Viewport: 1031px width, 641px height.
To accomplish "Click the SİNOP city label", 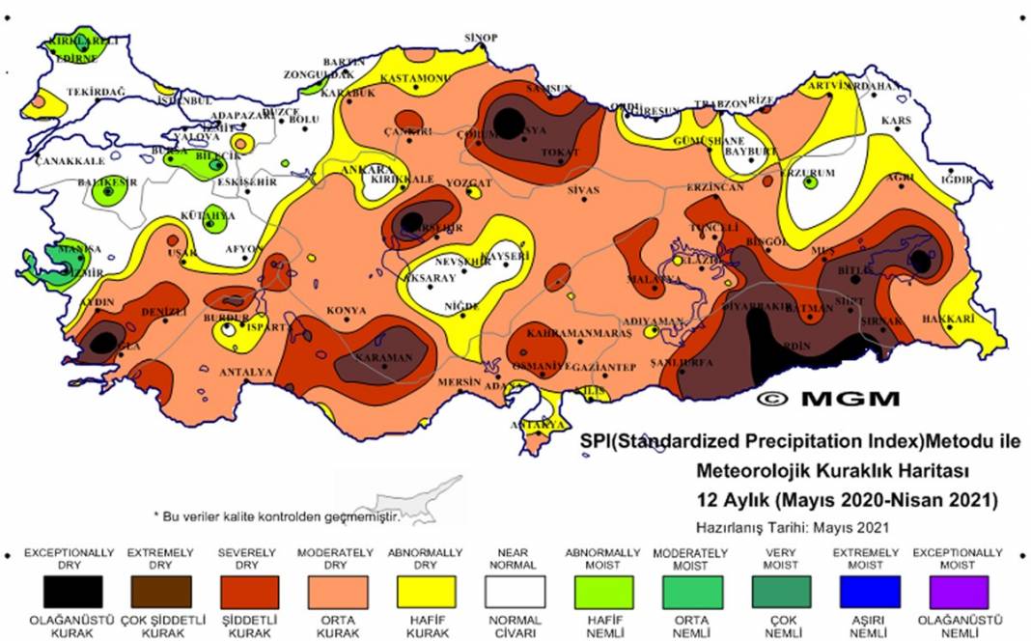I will pos(481,38).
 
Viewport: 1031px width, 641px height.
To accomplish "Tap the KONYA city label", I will pos(346,310).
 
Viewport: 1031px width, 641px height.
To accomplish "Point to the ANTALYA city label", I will pos(246,372).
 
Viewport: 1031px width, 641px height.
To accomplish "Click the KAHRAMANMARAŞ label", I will pos(579,332).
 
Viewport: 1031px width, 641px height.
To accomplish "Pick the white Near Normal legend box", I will pos(514,592).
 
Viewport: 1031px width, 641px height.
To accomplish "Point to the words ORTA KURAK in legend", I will pos(339,626).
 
